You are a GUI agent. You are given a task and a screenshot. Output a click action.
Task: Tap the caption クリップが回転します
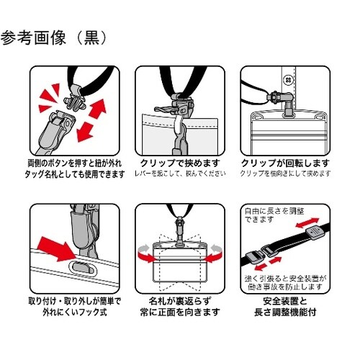pos(286,163)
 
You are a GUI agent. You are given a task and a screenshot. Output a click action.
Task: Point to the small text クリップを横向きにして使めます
pos(286,174)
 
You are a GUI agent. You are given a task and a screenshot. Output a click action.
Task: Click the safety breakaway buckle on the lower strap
pos(261,256)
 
